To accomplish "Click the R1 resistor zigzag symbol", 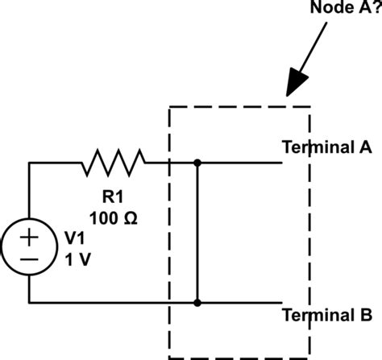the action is [x=114, y=163].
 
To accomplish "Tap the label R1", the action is [x=113, y=197].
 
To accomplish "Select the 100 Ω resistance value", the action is [x=114, y=218].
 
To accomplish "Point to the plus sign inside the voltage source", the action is [x=29, y=237].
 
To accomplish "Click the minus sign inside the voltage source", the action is [x=29, y=259].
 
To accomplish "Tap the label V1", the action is [x=75, y=238].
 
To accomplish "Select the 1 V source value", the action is [x=77, y=259].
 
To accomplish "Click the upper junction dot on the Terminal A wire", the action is [x=197, y=163].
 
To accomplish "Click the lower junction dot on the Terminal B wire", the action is [x=197, y=303].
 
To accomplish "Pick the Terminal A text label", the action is [x=327, y=147].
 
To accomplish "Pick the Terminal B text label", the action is [x=327, y=315].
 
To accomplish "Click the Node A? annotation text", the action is [x=346, y=7].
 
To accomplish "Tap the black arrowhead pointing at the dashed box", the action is [x=297, y=82].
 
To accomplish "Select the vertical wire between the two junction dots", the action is [x=197, y=233].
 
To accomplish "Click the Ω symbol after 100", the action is [x=131, y=218].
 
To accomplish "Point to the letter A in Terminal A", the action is [x=366, y=147].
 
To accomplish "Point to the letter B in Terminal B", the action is [x=367, y=315].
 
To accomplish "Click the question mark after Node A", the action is [x=377, y=7].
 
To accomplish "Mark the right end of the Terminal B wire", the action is [x=282, y=303].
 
